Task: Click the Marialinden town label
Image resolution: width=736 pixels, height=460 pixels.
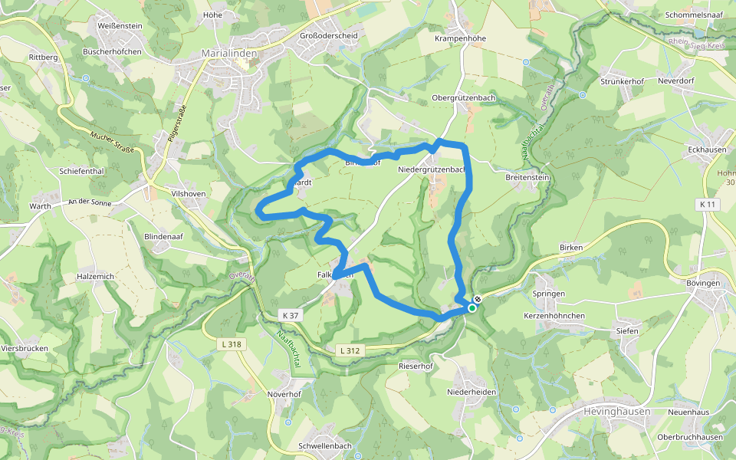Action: point(228,54)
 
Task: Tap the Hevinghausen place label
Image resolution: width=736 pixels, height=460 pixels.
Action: point(617,412)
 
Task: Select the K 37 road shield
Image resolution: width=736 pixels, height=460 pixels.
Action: point(290,316)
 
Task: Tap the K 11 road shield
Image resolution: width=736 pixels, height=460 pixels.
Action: point(708,205)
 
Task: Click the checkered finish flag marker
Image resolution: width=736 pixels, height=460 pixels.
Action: point(478,300)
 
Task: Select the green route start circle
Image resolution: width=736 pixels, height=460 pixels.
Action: point(472,308)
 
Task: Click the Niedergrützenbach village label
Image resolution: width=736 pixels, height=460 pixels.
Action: point(432,169)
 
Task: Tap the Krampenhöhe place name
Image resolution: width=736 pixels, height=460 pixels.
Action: point(461,38)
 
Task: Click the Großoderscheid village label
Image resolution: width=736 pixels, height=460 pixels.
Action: point(328,36)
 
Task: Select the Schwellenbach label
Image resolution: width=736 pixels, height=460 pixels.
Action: point(325,446)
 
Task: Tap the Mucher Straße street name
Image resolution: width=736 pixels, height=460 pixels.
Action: point(112,142)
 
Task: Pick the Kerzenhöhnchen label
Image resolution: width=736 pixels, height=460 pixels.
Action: point(554,316)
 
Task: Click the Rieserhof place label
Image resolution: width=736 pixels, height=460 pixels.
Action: point(416,366)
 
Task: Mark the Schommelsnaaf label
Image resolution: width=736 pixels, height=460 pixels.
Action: point(695,15)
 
